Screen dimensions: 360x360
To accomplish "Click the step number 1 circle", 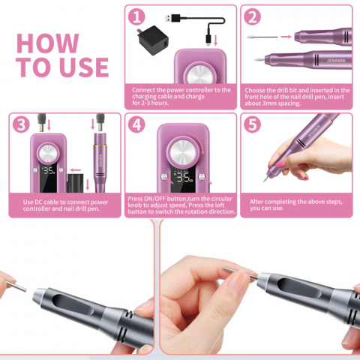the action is (136, 16).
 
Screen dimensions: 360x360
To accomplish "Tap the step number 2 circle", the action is (252, 16).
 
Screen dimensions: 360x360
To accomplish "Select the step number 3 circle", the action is (21, 124).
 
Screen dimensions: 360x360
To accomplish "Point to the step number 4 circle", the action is (136, 124).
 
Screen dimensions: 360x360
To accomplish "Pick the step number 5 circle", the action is (252, 124).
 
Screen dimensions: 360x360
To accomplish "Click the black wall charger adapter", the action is (152, 40).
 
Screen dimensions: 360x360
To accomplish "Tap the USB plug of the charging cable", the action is (172, 18).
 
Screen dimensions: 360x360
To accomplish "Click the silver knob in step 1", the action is (200, 74).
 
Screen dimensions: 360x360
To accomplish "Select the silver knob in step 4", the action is (183, 151).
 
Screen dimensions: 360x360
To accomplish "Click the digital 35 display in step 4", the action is (184, 177).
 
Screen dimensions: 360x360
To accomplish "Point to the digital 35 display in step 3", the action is (49, 170).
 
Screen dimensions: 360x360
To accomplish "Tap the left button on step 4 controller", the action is (164, 177).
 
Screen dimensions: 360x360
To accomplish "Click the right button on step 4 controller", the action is (202, 177).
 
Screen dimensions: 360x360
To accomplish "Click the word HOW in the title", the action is (48, 43).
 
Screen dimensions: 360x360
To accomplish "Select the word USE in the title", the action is (84, 67).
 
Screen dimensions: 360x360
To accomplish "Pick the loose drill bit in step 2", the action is (262, 37).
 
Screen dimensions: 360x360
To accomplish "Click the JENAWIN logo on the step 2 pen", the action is (336, 61).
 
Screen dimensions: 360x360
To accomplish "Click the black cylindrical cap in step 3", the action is (75, 183).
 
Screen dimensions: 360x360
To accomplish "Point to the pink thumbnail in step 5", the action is (280, 164).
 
